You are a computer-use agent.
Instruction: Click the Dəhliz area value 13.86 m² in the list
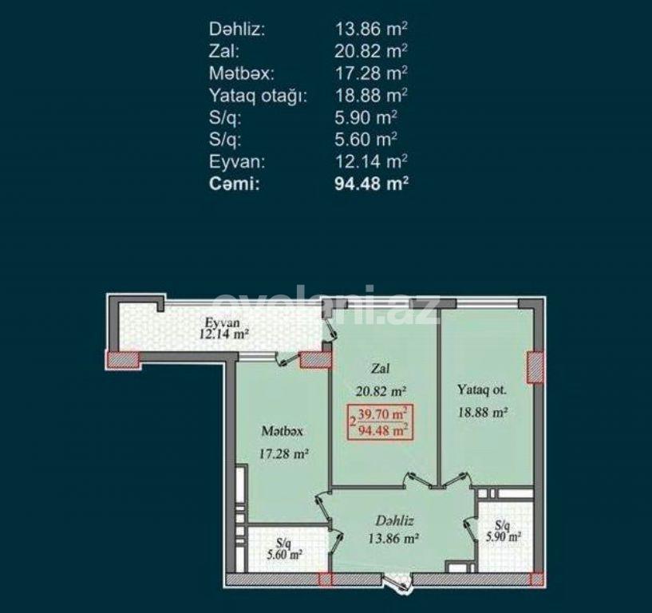pyautogui.click(x=372, y=30)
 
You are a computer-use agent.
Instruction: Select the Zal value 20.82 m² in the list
pyautogui.click(x=372, y=51)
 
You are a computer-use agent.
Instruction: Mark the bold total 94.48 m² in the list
pyautogui.click(x=372, y=183)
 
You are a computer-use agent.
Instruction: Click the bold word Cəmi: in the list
pyautogui.click(x=235, y=183)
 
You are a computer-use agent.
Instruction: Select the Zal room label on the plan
pyautogui.click(x=380, y=369)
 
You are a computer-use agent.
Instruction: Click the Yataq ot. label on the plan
pyautogui.click(x=482, y=390)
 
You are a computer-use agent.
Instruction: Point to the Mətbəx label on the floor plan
pyautogui.click(x=282, y=431)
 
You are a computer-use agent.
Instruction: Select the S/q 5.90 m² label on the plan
pyautogui.click(x=502, y=532)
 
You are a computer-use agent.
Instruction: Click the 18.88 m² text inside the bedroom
pyautogui.click(x=482, y=413)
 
